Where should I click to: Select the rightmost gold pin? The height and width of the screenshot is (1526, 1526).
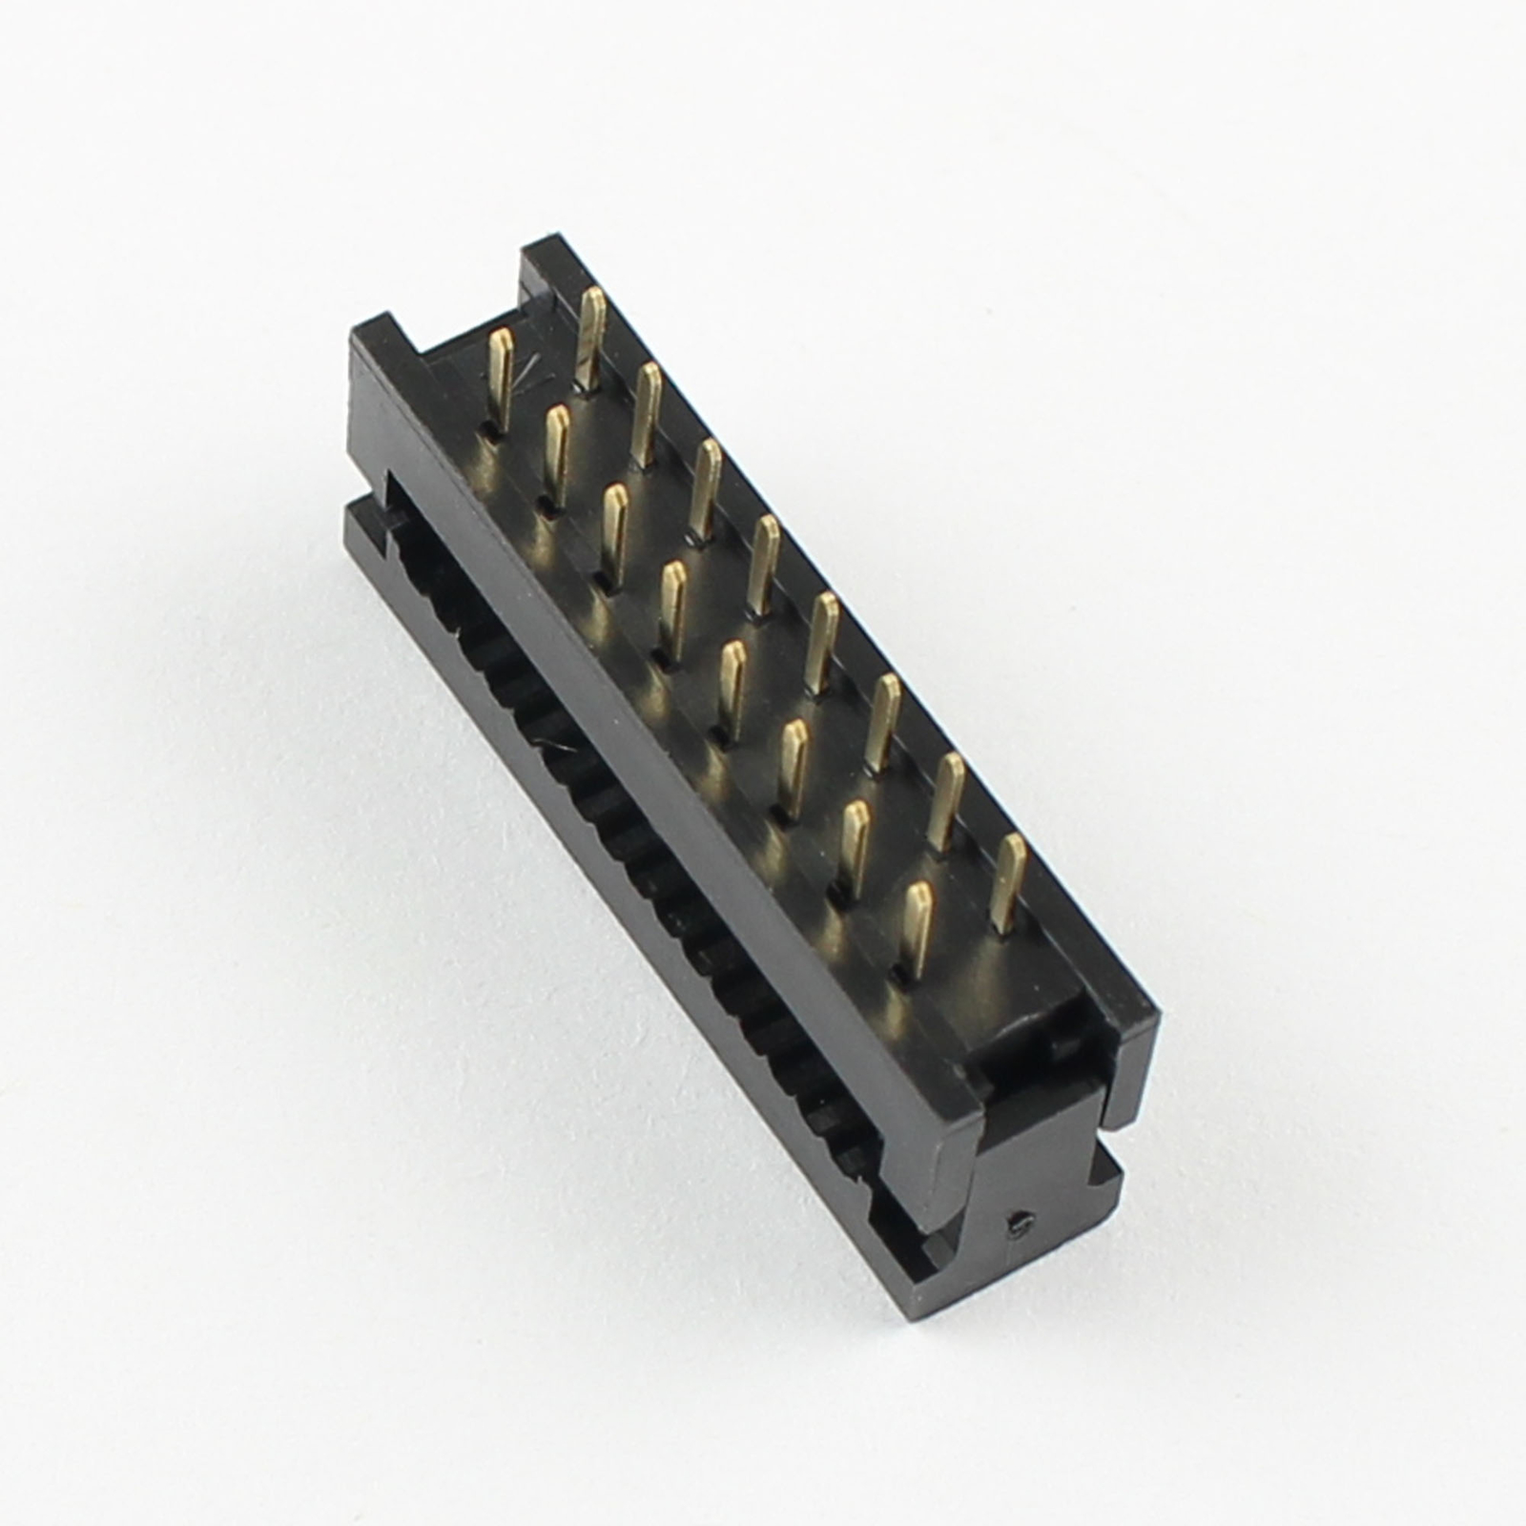pyautogui.click(x=1008, y=882)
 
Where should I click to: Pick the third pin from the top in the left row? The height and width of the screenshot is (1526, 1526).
pyautogui.click(x=613, y=529)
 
